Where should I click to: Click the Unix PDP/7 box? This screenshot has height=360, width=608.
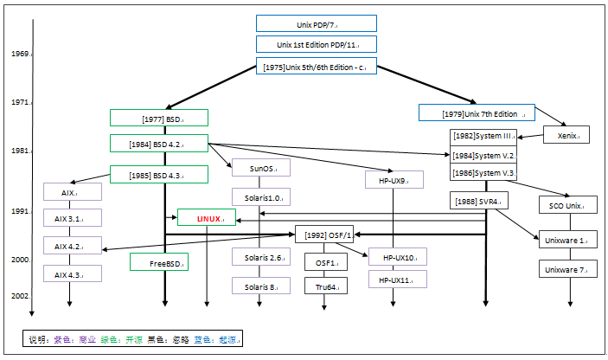(317, 23)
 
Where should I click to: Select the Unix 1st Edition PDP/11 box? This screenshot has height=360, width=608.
(317, 44)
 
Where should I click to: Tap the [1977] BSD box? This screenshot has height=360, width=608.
(159, 118)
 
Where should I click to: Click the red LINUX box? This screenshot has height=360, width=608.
(207, 218)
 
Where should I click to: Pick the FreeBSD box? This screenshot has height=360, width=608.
(159, 261)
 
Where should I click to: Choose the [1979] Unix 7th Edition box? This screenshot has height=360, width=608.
(477, 112)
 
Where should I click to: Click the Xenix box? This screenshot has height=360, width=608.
(566, 135)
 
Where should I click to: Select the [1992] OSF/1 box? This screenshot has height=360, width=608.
(325, 235)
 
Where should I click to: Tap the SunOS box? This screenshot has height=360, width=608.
(260, 169)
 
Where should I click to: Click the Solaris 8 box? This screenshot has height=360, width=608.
(260, 286)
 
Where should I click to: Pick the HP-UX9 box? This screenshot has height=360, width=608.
(394, 180)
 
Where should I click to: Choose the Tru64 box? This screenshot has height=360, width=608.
(325, 286)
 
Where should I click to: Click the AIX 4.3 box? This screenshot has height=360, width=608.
(73, 273)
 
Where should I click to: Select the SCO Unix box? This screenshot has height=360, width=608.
(566, 206)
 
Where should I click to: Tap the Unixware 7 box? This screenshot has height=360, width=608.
(566, 270)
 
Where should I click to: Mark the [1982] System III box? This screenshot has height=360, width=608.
(484, 136)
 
